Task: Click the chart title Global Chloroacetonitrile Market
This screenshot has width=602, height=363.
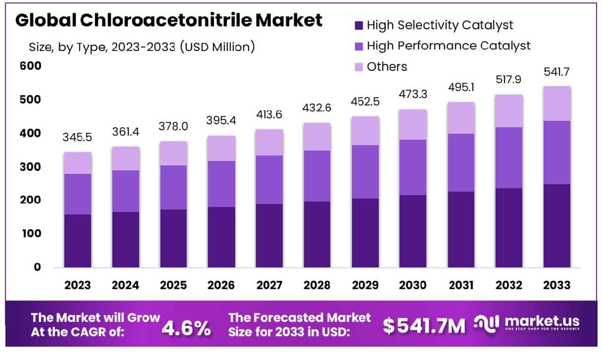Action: click(x=169, y=21)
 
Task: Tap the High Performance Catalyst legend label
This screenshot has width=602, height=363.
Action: click(x=449, y=46)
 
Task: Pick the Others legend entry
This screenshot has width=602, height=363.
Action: click(x=387, y=66)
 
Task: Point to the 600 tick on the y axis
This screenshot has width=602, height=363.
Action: click(x=31, y=66)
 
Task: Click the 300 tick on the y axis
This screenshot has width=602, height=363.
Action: click(x=31, y=167)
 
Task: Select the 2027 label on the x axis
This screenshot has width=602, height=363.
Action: click(x=269, y=285)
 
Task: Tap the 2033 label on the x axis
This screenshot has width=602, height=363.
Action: click(x=556, y=285)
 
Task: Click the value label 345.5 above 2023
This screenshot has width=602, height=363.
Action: click(x=78, y=137)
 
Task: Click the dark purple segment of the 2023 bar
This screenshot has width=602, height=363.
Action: click(x=78, y=241)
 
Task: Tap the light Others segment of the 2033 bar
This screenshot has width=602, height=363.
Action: click(x=556, y=103)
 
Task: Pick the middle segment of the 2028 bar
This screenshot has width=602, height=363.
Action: click(x=317, y=176)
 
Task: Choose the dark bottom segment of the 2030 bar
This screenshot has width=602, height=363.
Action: click(x=413, y=231)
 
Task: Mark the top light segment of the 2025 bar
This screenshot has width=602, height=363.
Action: click(x=173, y=153)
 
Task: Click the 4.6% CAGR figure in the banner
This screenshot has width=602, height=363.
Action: click(x=186, y=327)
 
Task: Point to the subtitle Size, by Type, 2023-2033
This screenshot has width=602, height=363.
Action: click(x=142, y=47)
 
